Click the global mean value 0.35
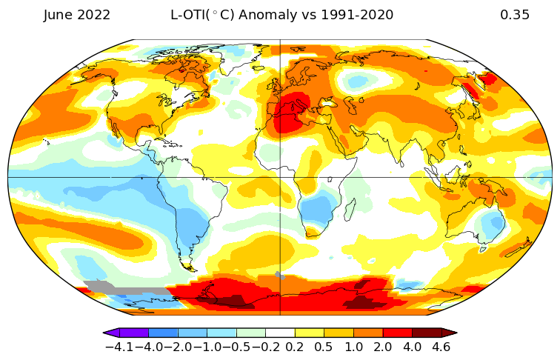click(514, 15)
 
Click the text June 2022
click(77, 16)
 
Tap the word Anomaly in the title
click(268, 16)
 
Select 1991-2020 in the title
click(357, 15)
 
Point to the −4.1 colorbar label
click(120, 347)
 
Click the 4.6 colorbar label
click(441, 347)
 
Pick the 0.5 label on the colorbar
click(324, 347)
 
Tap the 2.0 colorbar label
click(382, 347)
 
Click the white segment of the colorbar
click(280, 333)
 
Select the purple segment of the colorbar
click(134, 333)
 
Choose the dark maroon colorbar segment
click(427, 333)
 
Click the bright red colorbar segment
click(398, 333)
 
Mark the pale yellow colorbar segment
click(310, 333)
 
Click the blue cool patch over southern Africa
click(319, 209)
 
